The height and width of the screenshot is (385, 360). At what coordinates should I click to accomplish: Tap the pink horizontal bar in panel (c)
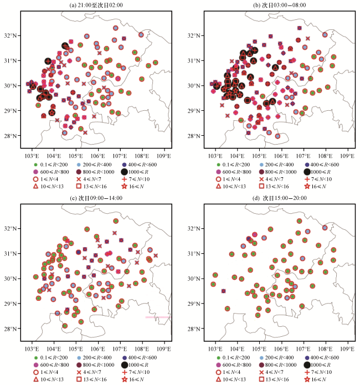(157, 317)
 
